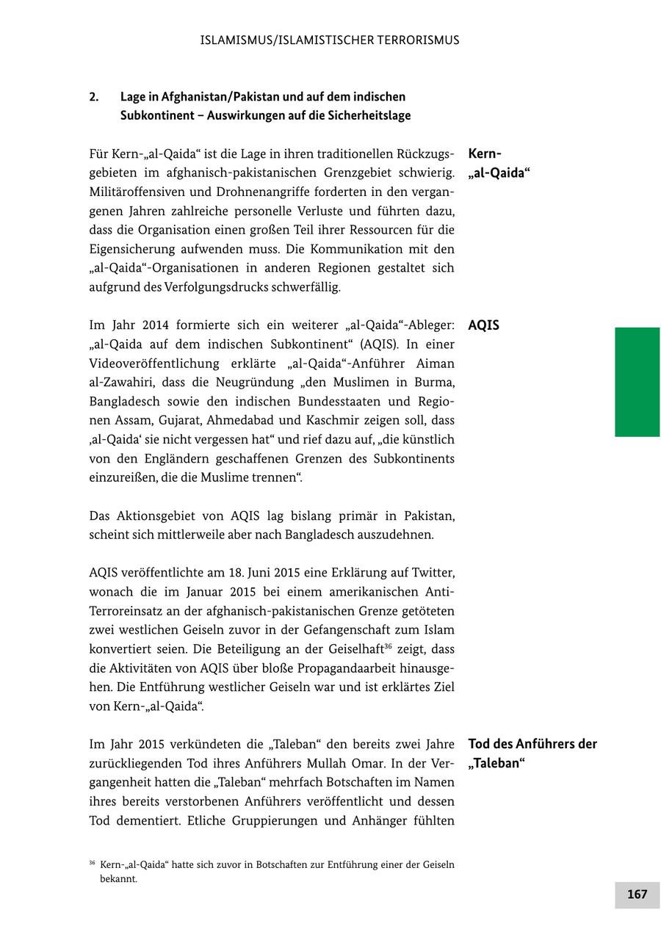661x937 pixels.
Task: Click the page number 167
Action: point(637,894)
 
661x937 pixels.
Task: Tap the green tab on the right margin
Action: point(637,382)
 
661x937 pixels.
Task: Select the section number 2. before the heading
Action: point(94,97)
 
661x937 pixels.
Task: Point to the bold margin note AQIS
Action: point(483,325)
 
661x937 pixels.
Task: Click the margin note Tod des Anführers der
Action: point(532,744)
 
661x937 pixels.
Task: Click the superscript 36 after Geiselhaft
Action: point(389,646)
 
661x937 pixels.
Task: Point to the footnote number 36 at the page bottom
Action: point(93,864)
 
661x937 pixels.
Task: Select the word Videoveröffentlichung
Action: point(154,363)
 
